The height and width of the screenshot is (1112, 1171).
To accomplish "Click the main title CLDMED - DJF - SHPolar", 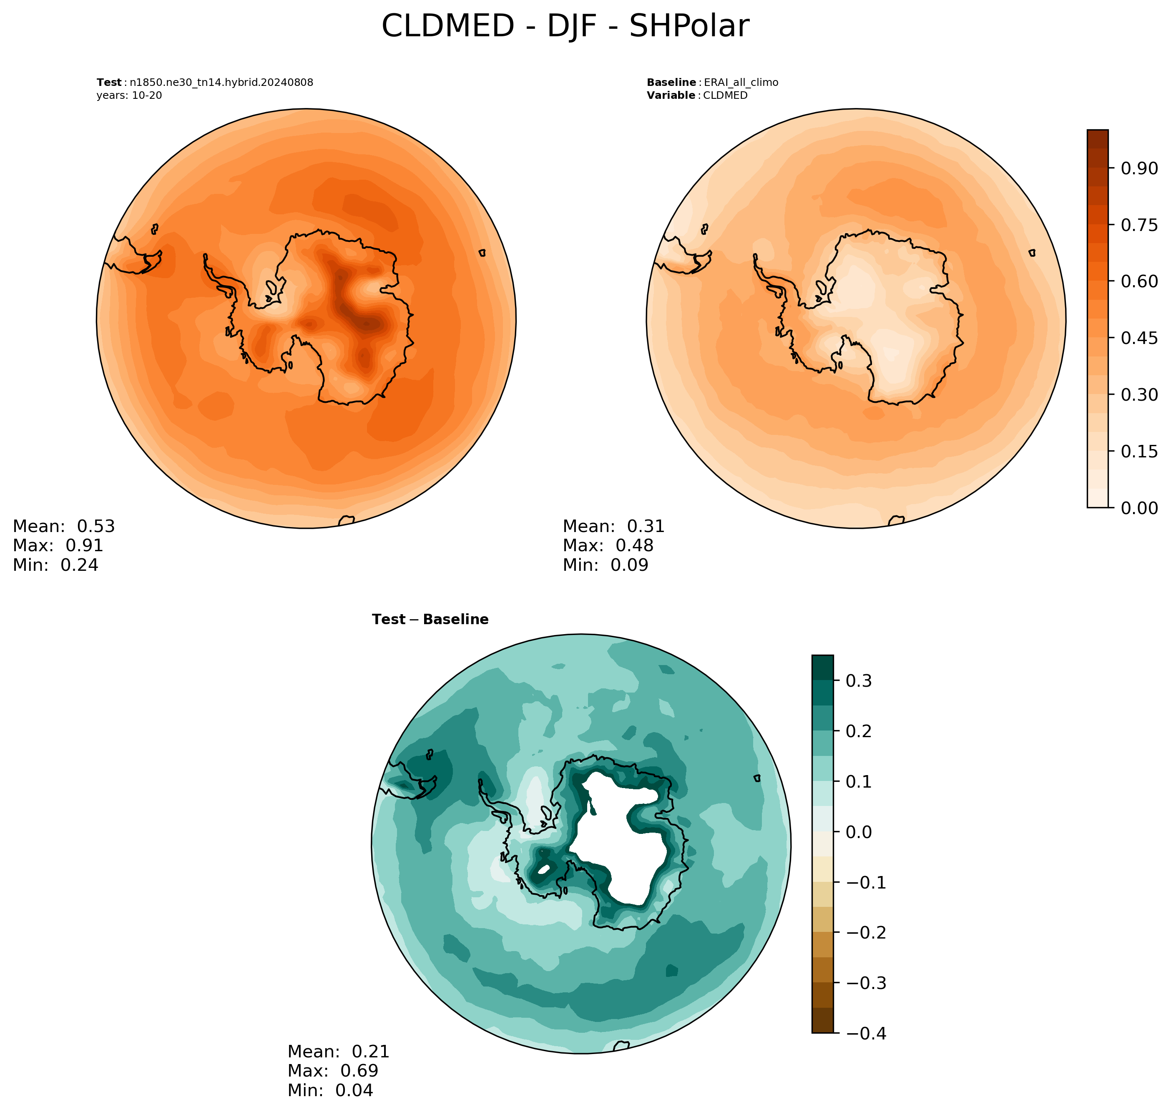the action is pyautogui.click(x=565, y=27).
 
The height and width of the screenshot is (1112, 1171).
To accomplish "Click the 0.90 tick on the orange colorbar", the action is pyautogui.click(x=1139, y=168).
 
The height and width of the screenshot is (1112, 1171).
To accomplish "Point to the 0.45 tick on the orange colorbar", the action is pyautogui.click(x=1139, y=338).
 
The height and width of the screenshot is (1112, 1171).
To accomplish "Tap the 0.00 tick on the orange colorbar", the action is pyautogui.click(x=1139, y=508).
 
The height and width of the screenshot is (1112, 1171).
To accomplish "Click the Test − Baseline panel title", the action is pyautogui.click(x=430, y=620).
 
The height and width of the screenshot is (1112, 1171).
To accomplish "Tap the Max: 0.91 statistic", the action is pyautogui.click(x=58, y=545).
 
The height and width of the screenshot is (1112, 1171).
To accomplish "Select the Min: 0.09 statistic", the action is pyautogui.click(x=606, y=565).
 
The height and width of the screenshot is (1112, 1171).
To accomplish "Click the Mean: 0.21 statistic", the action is pyautogui.click(x=339, y=1052).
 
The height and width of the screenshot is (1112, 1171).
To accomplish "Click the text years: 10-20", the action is pyautogui.click(x=129, y=95).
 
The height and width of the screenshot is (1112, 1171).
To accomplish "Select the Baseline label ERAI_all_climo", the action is pyautogui.click(x=741, y=83).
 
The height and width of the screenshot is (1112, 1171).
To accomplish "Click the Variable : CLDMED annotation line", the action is pyautogui.click(x=697, y=95).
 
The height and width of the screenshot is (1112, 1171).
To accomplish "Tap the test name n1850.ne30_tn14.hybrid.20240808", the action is pyautogui.click(x=221, y=83).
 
